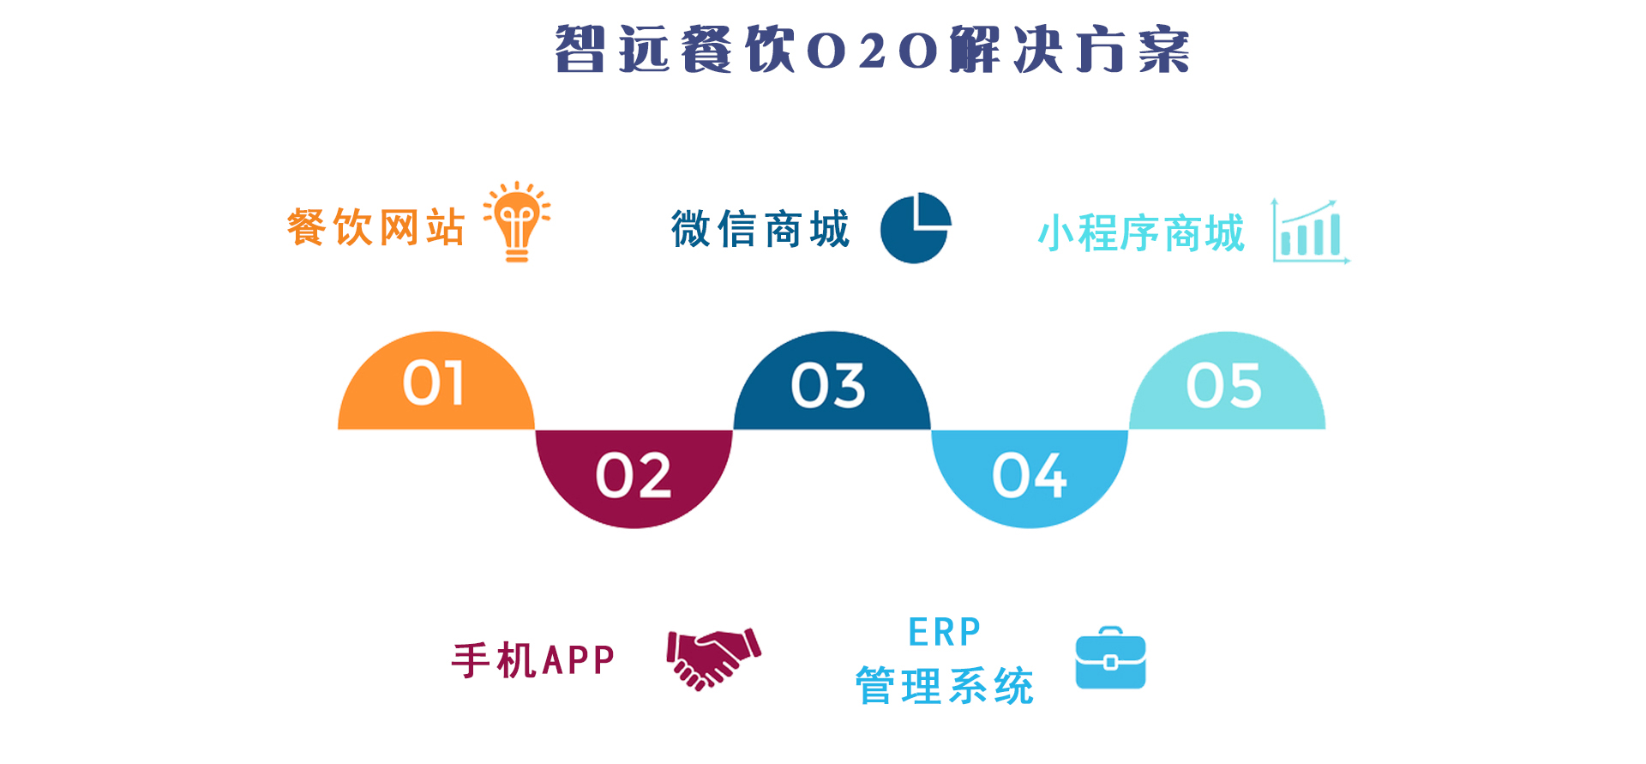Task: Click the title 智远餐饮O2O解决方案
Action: (x=872, y=50)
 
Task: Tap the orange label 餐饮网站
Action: (x=375, y=227)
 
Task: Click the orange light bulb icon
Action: (x=516, y=221)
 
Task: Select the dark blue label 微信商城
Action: (x=760, y=229)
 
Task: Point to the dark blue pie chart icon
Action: (x=916, y=228)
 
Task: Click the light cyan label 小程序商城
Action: (x=1141, y=233)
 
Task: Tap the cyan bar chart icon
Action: (x=1310, y=231)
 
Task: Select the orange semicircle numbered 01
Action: (x=436, y=381)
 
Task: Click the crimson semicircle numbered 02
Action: (x=634, y=478)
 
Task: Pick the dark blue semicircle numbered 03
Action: (x=832, y=381)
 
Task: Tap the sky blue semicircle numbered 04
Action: (x=1030, y=478)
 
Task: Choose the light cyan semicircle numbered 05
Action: (x=1228, y=381)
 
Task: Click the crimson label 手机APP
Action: (x=533, y=660)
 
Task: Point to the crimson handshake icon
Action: (x=713, y=659)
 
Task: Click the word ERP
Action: (x=944, y=633)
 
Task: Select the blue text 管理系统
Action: (x=944, y=686)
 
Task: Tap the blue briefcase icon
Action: (x=1110, y=658)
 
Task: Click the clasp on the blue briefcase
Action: (x=1110, y=662)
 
